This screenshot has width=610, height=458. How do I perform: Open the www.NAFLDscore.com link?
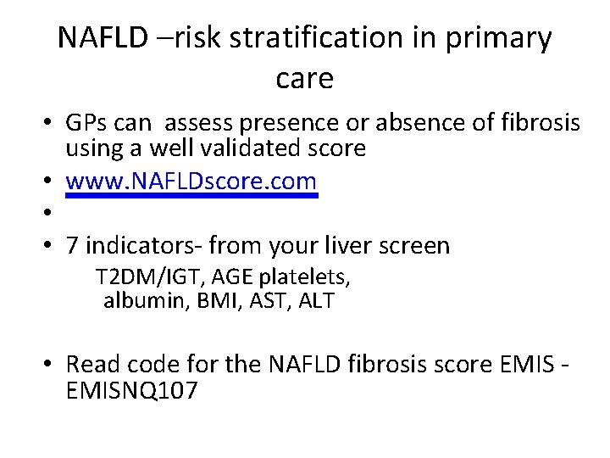coord(191,181)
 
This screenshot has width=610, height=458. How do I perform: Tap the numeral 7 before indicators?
coord(73,246)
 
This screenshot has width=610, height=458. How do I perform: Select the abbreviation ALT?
coord(317,300)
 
